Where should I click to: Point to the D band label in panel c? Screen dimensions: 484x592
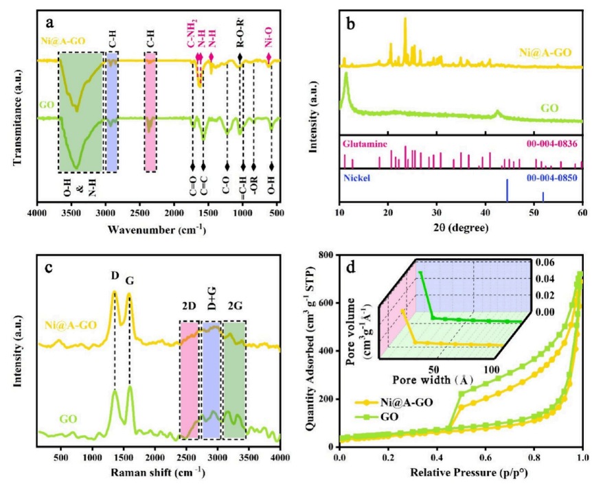[x=115, y=275]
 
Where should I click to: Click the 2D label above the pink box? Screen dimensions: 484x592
[x=188, y=313]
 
